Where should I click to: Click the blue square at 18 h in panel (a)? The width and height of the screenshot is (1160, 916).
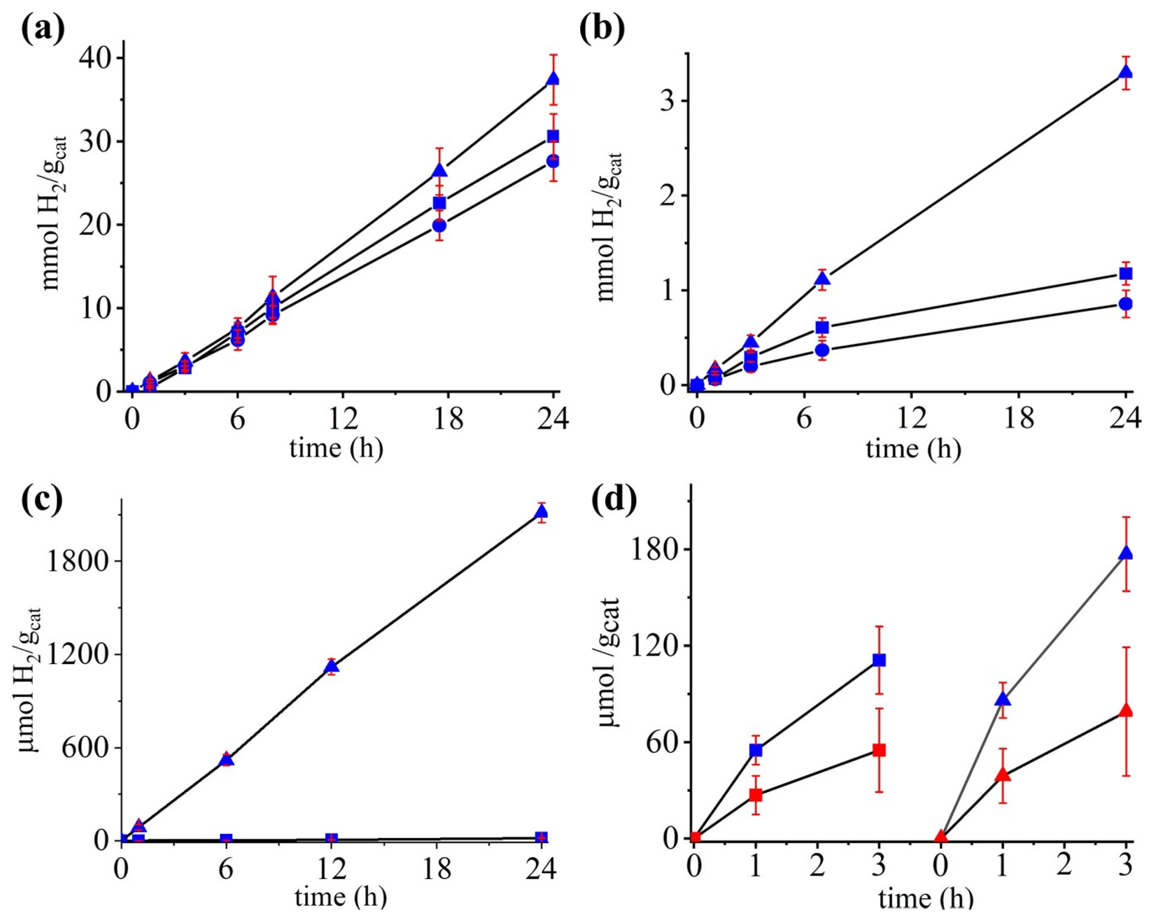click(x=439, y=203)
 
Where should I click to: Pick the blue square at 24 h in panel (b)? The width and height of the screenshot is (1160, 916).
click(x=1125, y=273)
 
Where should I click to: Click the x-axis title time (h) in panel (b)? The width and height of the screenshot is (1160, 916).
click(x=912, y=448)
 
